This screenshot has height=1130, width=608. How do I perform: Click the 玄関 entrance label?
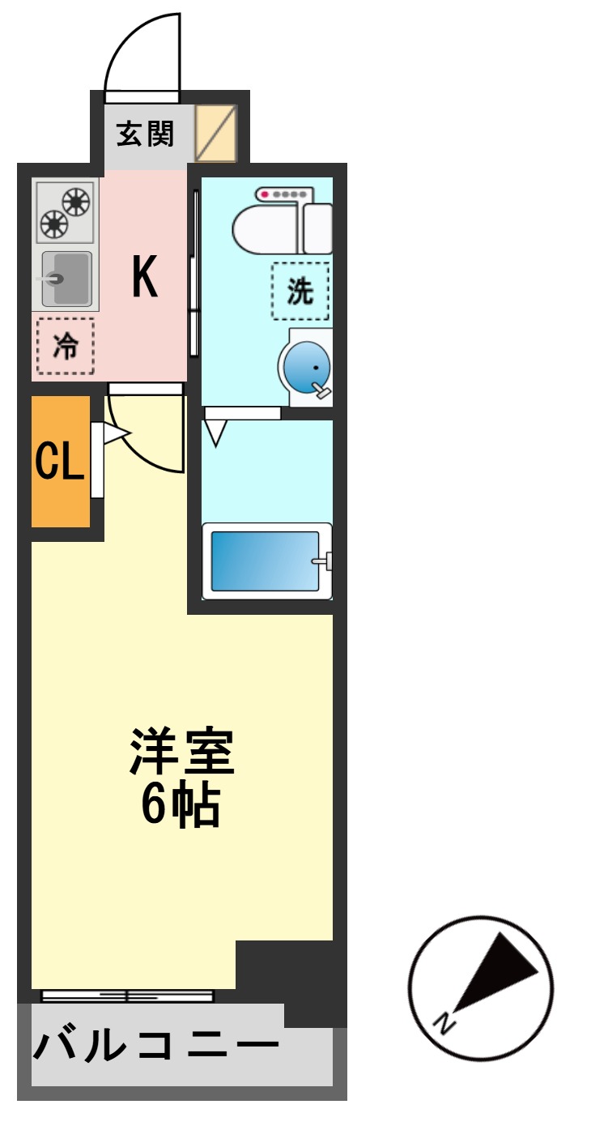click(x=145, y=134)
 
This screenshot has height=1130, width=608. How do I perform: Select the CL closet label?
click(x=59, y=463)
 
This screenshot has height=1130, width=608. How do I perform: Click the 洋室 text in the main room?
click(x=182, y=753)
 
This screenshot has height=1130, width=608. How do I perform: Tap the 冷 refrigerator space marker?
click(x=66, y=346)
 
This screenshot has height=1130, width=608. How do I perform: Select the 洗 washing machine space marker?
click(x=300, y=291)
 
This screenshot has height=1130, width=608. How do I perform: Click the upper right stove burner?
click(x=76, y=202)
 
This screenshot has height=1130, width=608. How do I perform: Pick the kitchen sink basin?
click(x=67, y=278)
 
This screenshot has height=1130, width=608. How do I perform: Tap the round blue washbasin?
click(x=308, y=366)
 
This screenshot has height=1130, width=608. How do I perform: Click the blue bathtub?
click(x=266, y=561)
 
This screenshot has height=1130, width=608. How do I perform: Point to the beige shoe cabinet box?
click(x=216, y=134)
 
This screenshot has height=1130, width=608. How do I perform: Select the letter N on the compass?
click(x=444, y=1022)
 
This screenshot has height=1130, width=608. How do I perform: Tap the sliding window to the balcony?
click(x=127, y=996)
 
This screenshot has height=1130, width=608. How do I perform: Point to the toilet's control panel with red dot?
click(x=283, y=194)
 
